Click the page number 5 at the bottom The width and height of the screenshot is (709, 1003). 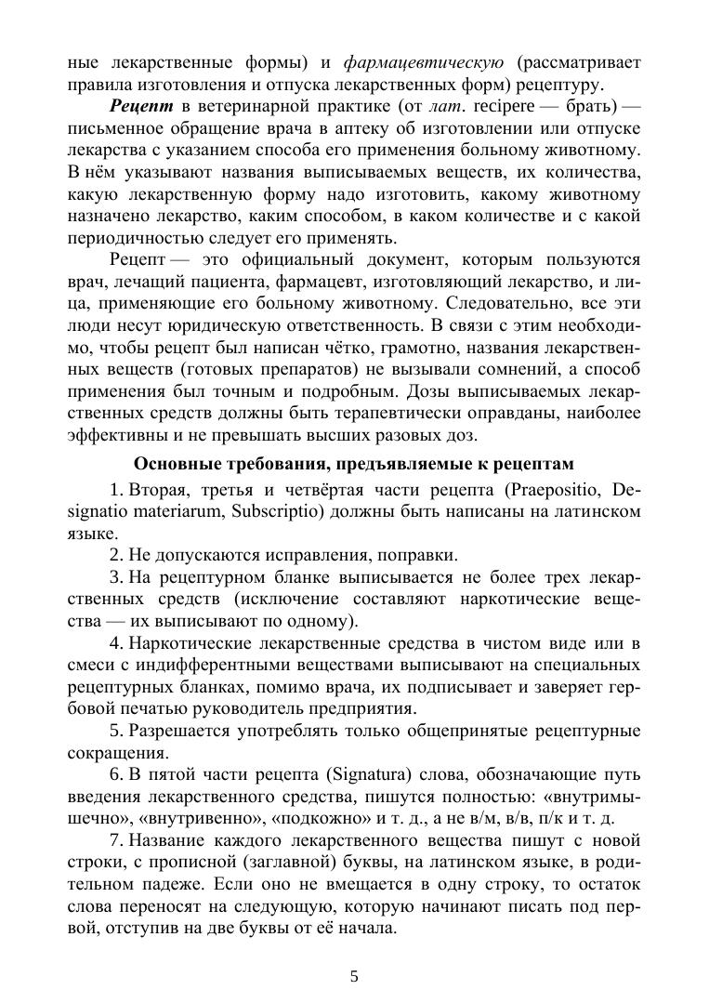coord(354,975)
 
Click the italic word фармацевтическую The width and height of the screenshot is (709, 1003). coord(424,63)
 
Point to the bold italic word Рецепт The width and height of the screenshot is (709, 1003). coord(141,106)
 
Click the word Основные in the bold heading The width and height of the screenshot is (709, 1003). coord(173,463)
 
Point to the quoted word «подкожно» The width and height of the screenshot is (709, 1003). coord(312,818)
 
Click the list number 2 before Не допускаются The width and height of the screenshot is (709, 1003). coord(114,555)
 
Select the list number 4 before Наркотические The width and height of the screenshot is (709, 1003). coord(114,643)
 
